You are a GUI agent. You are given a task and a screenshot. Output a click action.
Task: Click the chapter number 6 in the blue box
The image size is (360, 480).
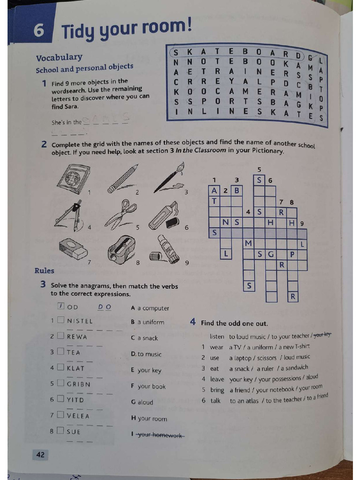coord(39,31)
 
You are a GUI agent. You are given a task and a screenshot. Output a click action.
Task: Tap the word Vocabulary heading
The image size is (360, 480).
coord(59,57)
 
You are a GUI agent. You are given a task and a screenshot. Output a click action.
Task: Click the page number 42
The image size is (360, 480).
coord(40,454)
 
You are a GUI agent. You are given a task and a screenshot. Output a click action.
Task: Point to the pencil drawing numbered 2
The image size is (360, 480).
coord(122,179)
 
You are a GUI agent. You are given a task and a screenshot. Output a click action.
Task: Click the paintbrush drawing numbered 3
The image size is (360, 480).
coord(169,178)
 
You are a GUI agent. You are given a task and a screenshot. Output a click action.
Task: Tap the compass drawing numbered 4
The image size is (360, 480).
coord(69,216)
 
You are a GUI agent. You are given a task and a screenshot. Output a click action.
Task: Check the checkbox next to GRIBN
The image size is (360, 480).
coord(60,383)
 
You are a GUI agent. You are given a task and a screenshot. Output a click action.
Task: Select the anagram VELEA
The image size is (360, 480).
coord(78,415)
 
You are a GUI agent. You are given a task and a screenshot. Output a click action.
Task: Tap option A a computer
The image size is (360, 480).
coord(150,308)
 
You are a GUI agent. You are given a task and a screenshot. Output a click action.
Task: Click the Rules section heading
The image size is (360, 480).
coord(44,270)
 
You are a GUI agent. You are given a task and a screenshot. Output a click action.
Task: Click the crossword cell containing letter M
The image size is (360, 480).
coord(248,243)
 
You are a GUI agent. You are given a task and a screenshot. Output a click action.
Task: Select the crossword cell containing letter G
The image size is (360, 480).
coord(271,254)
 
